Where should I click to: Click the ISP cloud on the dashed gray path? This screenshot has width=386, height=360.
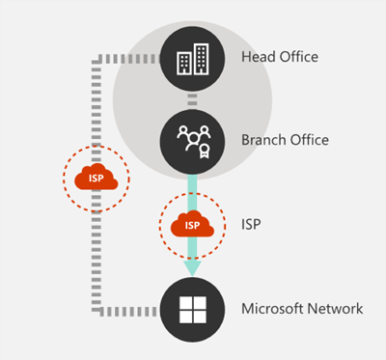coord(96,180)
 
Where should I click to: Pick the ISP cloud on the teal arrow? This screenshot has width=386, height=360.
coord(192,225)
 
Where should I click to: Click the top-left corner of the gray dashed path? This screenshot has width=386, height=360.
coord(96,59)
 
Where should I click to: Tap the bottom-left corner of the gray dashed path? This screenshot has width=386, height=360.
coord(96,311)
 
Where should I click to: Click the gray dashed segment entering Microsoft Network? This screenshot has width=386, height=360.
coord(135,311)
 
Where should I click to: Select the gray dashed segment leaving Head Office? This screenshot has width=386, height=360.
coord(135,59)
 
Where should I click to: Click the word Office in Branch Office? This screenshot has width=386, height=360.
coord(309,140)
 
